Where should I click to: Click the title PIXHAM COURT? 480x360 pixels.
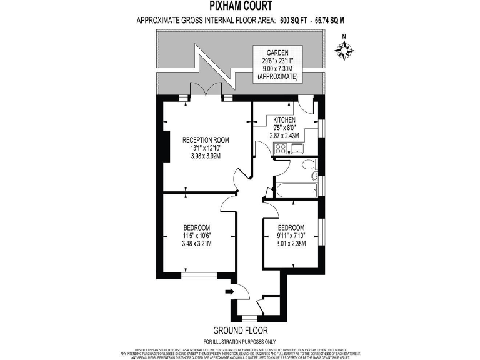240,7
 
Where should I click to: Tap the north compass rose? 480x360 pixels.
343,50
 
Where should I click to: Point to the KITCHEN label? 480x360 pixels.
284,119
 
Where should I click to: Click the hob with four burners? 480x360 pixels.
281,149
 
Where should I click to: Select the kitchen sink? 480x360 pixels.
296,149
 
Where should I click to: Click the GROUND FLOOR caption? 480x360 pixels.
239,331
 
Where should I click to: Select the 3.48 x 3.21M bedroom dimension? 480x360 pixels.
196,244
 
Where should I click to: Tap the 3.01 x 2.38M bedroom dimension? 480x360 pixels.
291,244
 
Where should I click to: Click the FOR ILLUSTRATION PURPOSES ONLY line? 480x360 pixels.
239,341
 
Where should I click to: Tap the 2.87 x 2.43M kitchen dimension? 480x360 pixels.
284,136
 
